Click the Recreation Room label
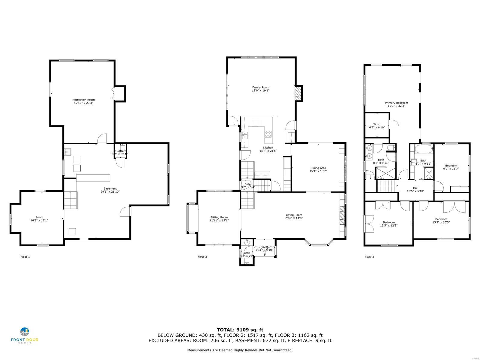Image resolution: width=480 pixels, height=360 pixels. [83, 100]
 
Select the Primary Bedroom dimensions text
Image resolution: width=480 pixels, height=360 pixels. [396, 106]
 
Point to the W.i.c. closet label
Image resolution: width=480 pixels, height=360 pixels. [377, 124]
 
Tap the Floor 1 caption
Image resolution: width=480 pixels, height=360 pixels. [25, 257]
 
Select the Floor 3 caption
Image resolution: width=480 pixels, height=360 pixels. [369, 257]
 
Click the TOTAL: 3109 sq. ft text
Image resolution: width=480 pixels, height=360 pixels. [240, 330]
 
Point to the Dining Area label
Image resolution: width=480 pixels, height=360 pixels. [318, 168]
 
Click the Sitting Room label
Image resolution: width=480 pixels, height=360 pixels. [219, 217]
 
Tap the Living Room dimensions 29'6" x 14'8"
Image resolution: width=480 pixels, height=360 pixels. [294, 218]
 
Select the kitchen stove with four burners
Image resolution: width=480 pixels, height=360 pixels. [268, 134]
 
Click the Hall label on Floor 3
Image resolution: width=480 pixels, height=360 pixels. [415, 188]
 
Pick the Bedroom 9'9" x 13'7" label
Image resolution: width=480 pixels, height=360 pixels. [451, 166]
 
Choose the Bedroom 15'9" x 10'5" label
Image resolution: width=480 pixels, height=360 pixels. [441, 219]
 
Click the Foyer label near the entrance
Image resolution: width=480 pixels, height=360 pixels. [264, 247]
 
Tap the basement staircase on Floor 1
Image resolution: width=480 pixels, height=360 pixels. [70, 200]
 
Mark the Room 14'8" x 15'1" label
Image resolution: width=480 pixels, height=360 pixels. [39, 217]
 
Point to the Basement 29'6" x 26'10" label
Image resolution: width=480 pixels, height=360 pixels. [110, 188]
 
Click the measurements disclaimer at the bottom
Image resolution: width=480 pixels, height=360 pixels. [240, 350]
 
